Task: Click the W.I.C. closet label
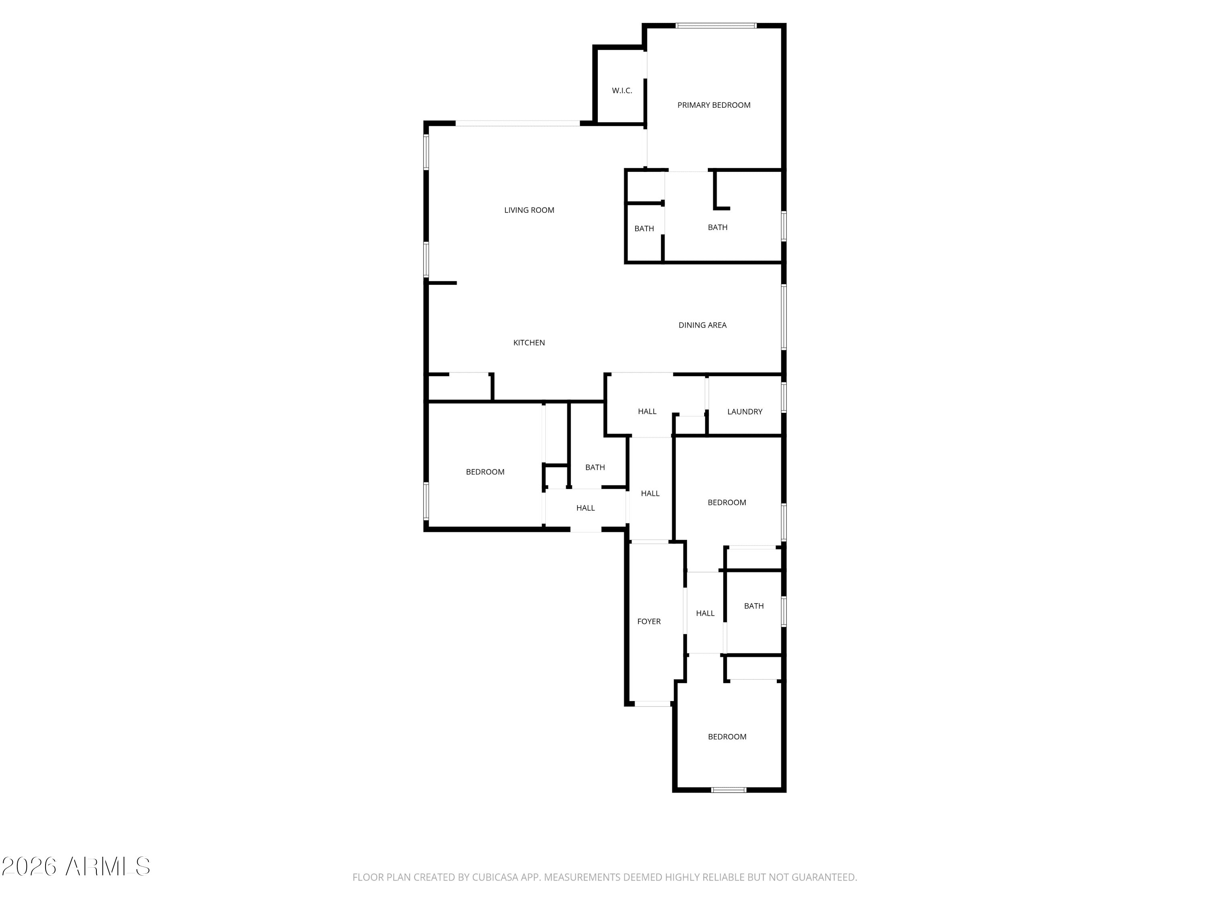[x=622, y=91]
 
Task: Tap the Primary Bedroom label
[x=714, y=105]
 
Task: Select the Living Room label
[x=529, y=210]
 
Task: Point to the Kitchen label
[x=529, y=343]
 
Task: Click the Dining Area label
[x=702, y=325]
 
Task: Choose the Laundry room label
[x=745, y=412]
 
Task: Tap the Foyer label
[x=649, y=621]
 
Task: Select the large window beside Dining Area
[x=784, y=317]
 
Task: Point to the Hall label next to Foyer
[x=705, y=613]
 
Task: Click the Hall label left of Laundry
[x=647, y=412]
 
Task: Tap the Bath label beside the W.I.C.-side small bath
[x=718, y=228]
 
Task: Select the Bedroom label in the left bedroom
[x=485, y=472]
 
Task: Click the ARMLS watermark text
[x=76, y=866]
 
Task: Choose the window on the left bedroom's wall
[x=426, y=501]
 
